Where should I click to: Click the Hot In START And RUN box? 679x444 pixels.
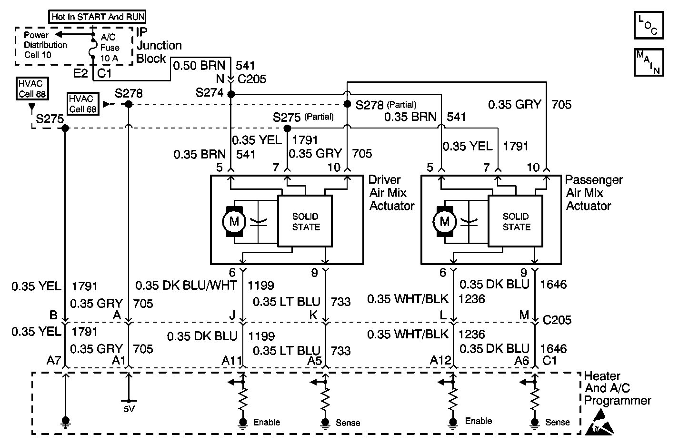(97, 17)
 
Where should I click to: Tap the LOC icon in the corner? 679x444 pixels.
(649, 25)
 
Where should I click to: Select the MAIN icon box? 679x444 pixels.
(649, 62)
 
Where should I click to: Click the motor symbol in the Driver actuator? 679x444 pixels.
(234, 221)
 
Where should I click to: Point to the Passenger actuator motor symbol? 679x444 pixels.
(444, 221)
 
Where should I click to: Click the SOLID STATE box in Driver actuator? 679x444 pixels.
(305, 221)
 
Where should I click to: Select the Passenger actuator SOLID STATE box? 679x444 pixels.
(515, 221)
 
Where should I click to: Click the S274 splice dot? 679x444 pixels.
(231, 94)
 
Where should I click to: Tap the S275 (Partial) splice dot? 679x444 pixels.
(287, 128)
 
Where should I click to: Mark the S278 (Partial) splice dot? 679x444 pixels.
(347, 104)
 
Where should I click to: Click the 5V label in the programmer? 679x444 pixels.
(129, 409)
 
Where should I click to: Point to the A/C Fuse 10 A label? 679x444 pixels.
(110, 48)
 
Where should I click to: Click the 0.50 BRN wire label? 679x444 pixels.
(199, 65)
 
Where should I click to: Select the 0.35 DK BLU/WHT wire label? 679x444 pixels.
(186, 286)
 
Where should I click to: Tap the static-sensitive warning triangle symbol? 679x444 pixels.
(599, 422)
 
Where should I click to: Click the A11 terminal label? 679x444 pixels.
(232, 361)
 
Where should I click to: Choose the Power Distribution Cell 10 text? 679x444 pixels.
(45, 45)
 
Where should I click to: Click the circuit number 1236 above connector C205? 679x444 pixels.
(472, 299)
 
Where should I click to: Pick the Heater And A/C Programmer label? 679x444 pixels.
(617, 388)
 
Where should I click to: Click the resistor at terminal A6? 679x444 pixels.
(535, 399)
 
